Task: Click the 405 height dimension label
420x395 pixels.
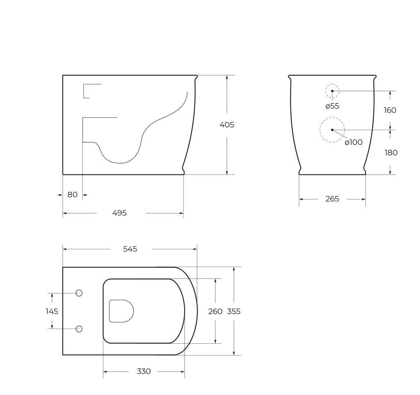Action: click(x=227, y=125)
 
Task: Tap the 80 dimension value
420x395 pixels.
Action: click(x=73, y=195)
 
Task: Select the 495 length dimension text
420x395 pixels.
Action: click(x=119, y=213)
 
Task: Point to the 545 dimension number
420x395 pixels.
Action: click(x=130, y=249)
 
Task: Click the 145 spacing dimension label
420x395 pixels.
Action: click(x=52, y=311)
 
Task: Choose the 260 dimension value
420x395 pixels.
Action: click(x=215, y=311)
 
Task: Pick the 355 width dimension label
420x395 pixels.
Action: click(x=234, y=311)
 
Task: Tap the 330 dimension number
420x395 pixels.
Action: click(x=144, y=372)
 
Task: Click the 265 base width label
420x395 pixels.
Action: click(x=332, y=199)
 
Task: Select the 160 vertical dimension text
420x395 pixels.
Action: click(x=390, y=110)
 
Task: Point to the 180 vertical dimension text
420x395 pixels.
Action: click(x=391, y=153)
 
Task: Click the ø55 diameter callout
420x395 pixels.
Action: click(x=332, y=106)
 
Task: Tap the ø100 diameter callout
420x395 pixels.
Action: click(x=354, y=142)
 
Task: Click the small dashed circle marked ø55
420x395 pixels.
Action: click(x=332, y=91)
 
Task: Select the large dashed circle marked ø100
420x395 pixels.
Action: click(x=332, y=130)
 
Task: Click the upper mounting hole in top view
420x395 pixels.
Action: click(x=79, y=293)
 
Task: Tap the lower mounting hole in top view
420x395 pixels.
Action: click(x=79, y=329)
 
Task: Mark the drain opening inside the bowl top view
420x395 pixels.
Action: click(x=121, y=311)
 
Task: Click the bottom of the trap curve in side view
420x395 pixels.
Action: click(x=120, y=163)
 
